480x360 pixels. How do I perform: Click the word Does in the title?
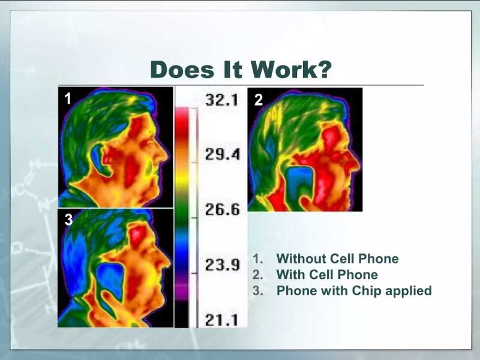coord(182,70)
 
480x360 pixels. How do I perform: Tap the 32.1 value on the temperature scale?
coord(221,100)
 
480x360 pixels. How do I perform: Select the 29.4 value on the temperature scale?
coord(223,154)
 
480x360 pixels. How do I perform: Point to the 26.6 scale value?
coord(223,209)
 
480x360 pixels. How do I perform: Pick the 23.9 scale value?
coord(223,265)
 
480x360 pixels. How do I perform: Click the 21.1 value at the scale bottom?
coord(221,320)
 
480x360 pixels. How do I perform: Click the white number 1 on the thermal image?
coord(68,98)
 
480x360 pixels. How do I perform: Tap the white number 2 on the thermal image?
coord(259,100)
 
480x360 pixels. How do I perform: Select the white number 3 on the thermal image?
coord(68,220)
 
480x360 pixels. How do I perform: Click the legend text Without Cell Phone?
coord(337,259)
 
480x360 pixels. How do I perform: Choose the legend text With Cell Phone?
coord(327,275)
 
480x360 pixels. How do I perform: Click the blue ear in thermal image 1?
coord(98,159)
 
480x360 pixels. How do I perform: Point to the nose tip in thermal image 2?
coord(358,164)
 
